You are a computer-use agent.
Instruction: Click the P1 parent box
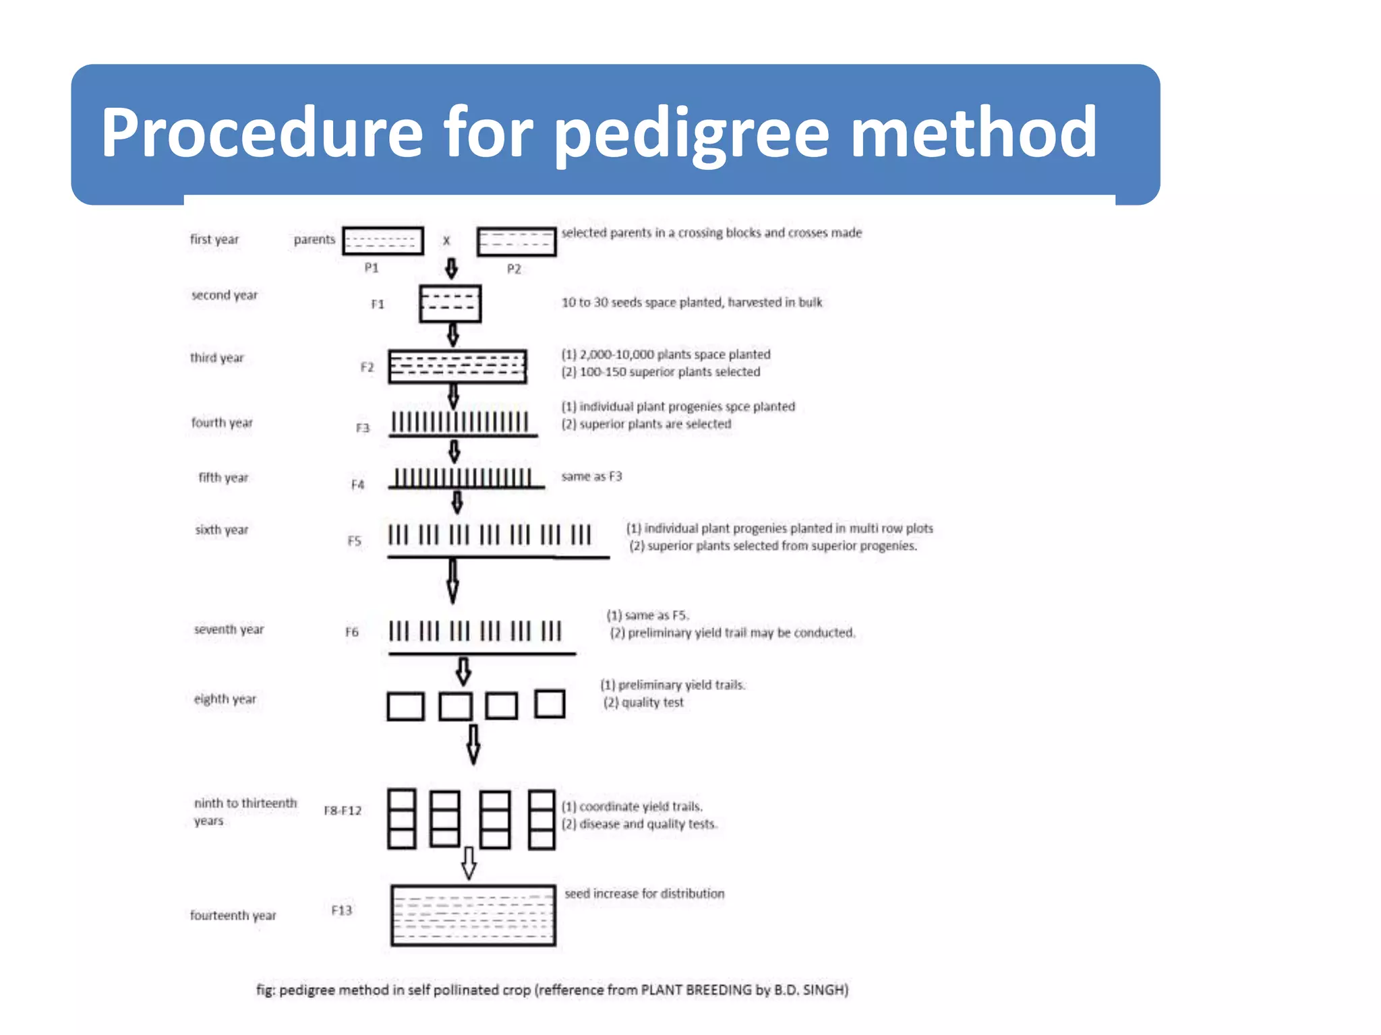pyautogui.click(x=382, y=241)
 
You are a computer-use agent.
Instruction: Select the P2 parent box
pyautogui.click(x=517, y=242)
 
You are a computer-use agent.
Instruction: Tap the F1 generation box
pyautogui.click(x=450, y=304)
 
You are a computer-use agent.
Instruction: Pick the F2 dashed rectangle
pyautogui.click(x=457, y=367)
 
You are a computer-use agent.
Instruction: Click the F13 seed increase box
pyautogui.click(x=473, y=915)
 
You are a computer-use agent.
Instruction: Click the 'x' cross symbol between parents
pyautogui.click(x=446, y=241)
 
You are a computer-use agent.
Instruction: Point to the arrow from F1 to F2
pyautogui.click(x=453, y=334)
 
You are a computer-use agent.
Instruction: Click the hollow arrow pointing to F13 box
pyautogui.click(x=469, y=863)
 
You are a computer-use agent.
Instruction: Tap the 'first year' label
pyautogui.click(x=214, y=239)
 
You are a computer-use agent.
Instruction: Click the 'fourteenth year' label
pyautogui.click(x=233, y=915)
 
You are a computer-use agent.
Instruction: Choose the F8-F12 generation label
pyautogui.click(x=343, y=810)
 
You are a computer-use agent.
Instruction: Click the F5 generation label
pyautogui.click(x=355, y=540)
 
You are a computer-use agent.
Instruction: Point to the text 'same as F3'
pyautogui.click(x=591, y=476)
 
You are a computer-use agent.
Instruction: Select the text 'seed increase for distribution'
pyautogui.click(x=645, y=893)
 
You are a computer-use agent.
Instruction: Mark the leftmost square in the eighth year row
pyautogui.click(x=406, y=707)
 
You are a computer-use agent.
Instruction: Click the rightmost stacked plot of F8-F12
pyautogui.click(x=541, y=819)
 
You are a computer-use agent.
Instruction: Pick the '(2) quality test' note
pyautogui.click(x=643, y=703)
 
